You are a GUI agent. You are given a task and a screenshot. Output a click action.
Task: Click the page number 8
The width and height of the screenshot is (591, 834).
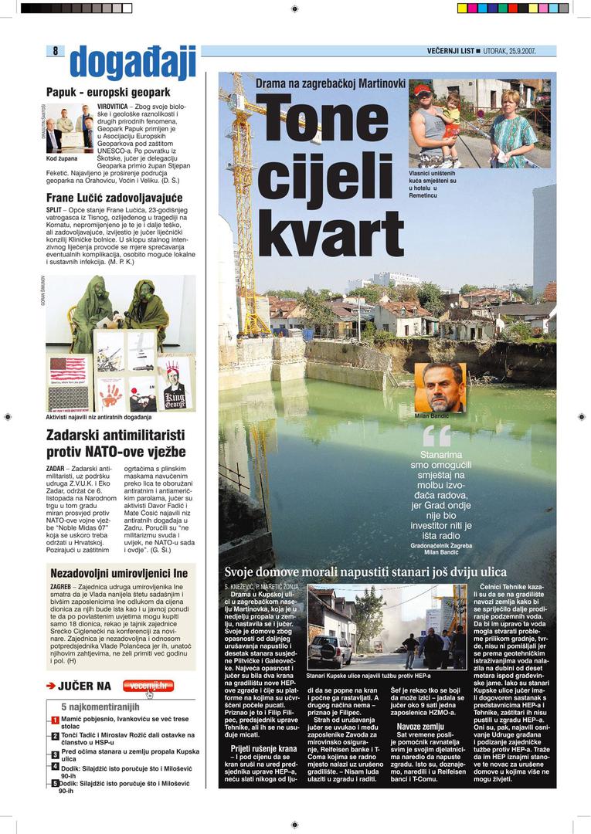[x=56, y=51]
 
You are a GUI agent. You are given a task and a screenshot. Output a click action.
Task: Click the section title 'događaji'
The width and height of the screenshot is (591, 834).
[x=132, y=64]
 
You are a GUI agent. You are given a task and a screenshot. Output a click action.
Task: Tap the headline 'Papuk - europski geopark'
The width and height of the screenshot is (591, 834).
[x=107, y=92]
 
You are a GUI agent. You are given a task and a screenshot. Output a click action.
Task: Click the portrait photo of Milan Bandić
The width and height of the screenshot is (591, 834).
[x=440, y=388]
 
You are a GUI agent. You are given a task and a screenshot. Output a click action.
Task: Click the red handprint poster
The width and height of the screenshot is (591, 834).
[x=110, y=393]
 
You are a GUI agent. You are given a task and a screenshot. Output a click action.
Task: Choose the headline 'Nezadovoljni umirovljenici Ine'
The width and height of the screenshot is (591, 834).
[x=119, y=574]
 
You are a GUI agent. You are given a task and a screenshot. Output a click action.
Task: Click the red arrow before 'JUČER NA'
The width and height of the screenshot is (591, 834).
[x=51, y=686]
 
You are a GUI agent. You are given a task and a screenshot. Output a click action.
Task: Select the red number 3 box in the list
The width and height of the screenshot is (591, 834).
[x=56, y=754]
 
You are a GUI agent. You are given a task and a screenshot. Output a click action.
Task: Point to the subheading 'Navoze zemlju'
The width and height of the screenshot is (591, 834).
[x=420, y=727]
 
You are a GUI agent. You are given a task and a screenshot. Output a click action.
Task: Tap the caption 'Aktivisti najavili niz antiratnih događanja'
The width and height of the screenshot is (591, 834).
[x=100, y=418]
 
